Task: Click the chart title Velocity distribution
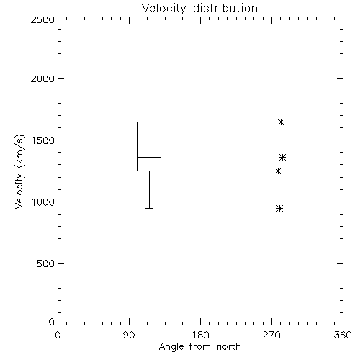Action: (x=199, y=8)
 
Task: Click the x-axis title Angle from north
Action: (x=200, y=346)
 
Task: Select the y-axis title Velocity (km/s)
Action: (x=19, y=171)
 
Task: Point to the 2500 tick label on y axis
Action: (x=42, y=19)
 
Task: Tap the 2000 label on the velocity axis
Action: (x=42, y=78)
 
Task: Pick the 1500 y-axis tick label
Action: (x=43, y=140)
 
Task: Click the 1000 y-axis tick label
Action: (x=43, y=202)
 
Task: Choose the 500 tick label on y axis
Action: (x=46, y=264)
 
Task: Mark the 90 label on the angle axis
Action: (x=129, y=335)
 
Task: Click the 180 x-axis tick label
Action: (x=200, y=335)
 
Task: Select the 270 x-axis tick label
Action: (x=271, y=335)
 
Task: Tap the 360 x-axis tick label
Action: (x=343, y=335)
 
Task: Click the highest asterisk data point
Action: (x=281, y=122)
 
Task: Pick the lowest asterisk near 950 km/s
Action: (x=279, y=208)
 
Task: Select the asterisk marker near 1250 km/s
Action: (x=278, y=171)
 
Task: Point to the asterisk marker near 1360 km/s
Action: (x=282, y=158)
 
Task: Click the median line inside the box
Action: (x=149, y=157)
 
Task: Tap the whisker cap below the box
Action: (x=149, y=208)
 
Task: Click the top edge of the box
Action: (x=149, y=122)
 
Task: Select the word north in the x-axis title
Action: (x=229, y=346)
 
